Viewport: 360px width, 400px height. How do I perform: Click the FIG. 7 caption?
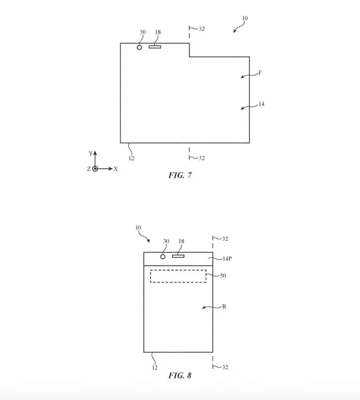coord(180,175)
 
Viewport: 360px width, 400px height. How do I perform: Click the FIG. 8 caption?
coord(180,375)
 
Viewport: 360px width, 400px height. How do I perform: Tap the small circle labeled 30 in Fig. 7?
coord(140,47)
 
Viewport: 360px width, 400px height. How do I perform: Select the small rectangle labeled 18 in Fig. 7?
coord(155,47)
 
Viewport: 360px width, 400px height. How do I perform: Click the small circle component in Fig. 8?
coord(163,257)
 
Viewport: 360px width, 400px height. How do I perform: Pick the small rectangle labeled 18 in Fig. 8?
coord(178,257)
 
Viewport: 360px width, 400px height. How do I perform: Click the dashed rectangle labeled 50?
coord(178,276)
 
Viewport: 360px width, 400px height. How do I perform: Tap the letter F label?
coord(260,73)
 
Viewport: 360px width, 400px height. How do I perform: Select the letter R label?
coord(224,307)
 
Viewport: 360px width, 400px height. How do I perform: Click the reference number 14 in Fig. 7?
coord(262,104)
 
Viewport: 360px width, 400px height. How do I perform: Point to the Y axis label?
coord(91,153)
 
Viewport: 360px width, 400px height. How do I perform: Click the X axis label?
coord(115,169)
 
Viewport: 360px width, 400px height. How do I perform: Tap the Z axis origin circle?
coord(94,169)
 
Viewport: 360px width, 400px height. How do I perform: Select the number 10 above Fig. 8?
coord(138,228)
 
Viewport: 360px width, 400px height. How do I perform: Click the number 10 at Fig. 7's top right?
coord(244,18)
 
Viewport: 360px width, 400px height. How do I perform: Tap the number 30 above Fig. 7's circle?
coord(142,32)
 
